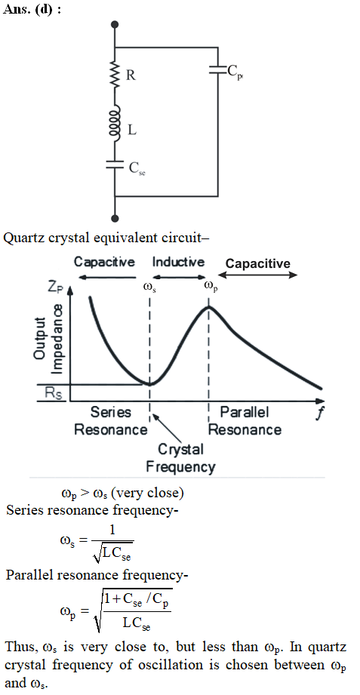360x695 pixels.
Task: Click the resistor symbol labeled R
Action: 115,75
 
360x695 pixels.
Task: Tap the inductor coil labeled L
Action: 115,124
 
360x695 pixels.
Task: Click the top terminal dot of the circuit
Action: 115,25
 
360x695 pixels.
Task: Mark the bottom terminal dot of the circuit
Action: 115,218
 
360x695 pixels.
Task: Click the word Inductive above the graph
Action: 178,262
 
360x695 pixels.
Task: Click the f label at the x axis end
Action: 319,414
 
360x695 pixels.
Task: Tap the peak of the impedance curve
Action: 209,306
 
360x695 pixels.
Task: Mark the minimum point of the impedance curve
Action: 150,383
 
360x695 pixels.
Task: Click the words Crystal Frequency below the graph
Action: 181,458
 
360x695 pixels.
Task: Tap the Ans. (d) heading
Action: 32,10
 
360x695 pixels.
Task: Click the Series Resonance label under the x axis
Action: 110,421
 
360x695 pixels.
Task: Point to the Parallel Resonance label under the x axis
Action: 245,421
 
